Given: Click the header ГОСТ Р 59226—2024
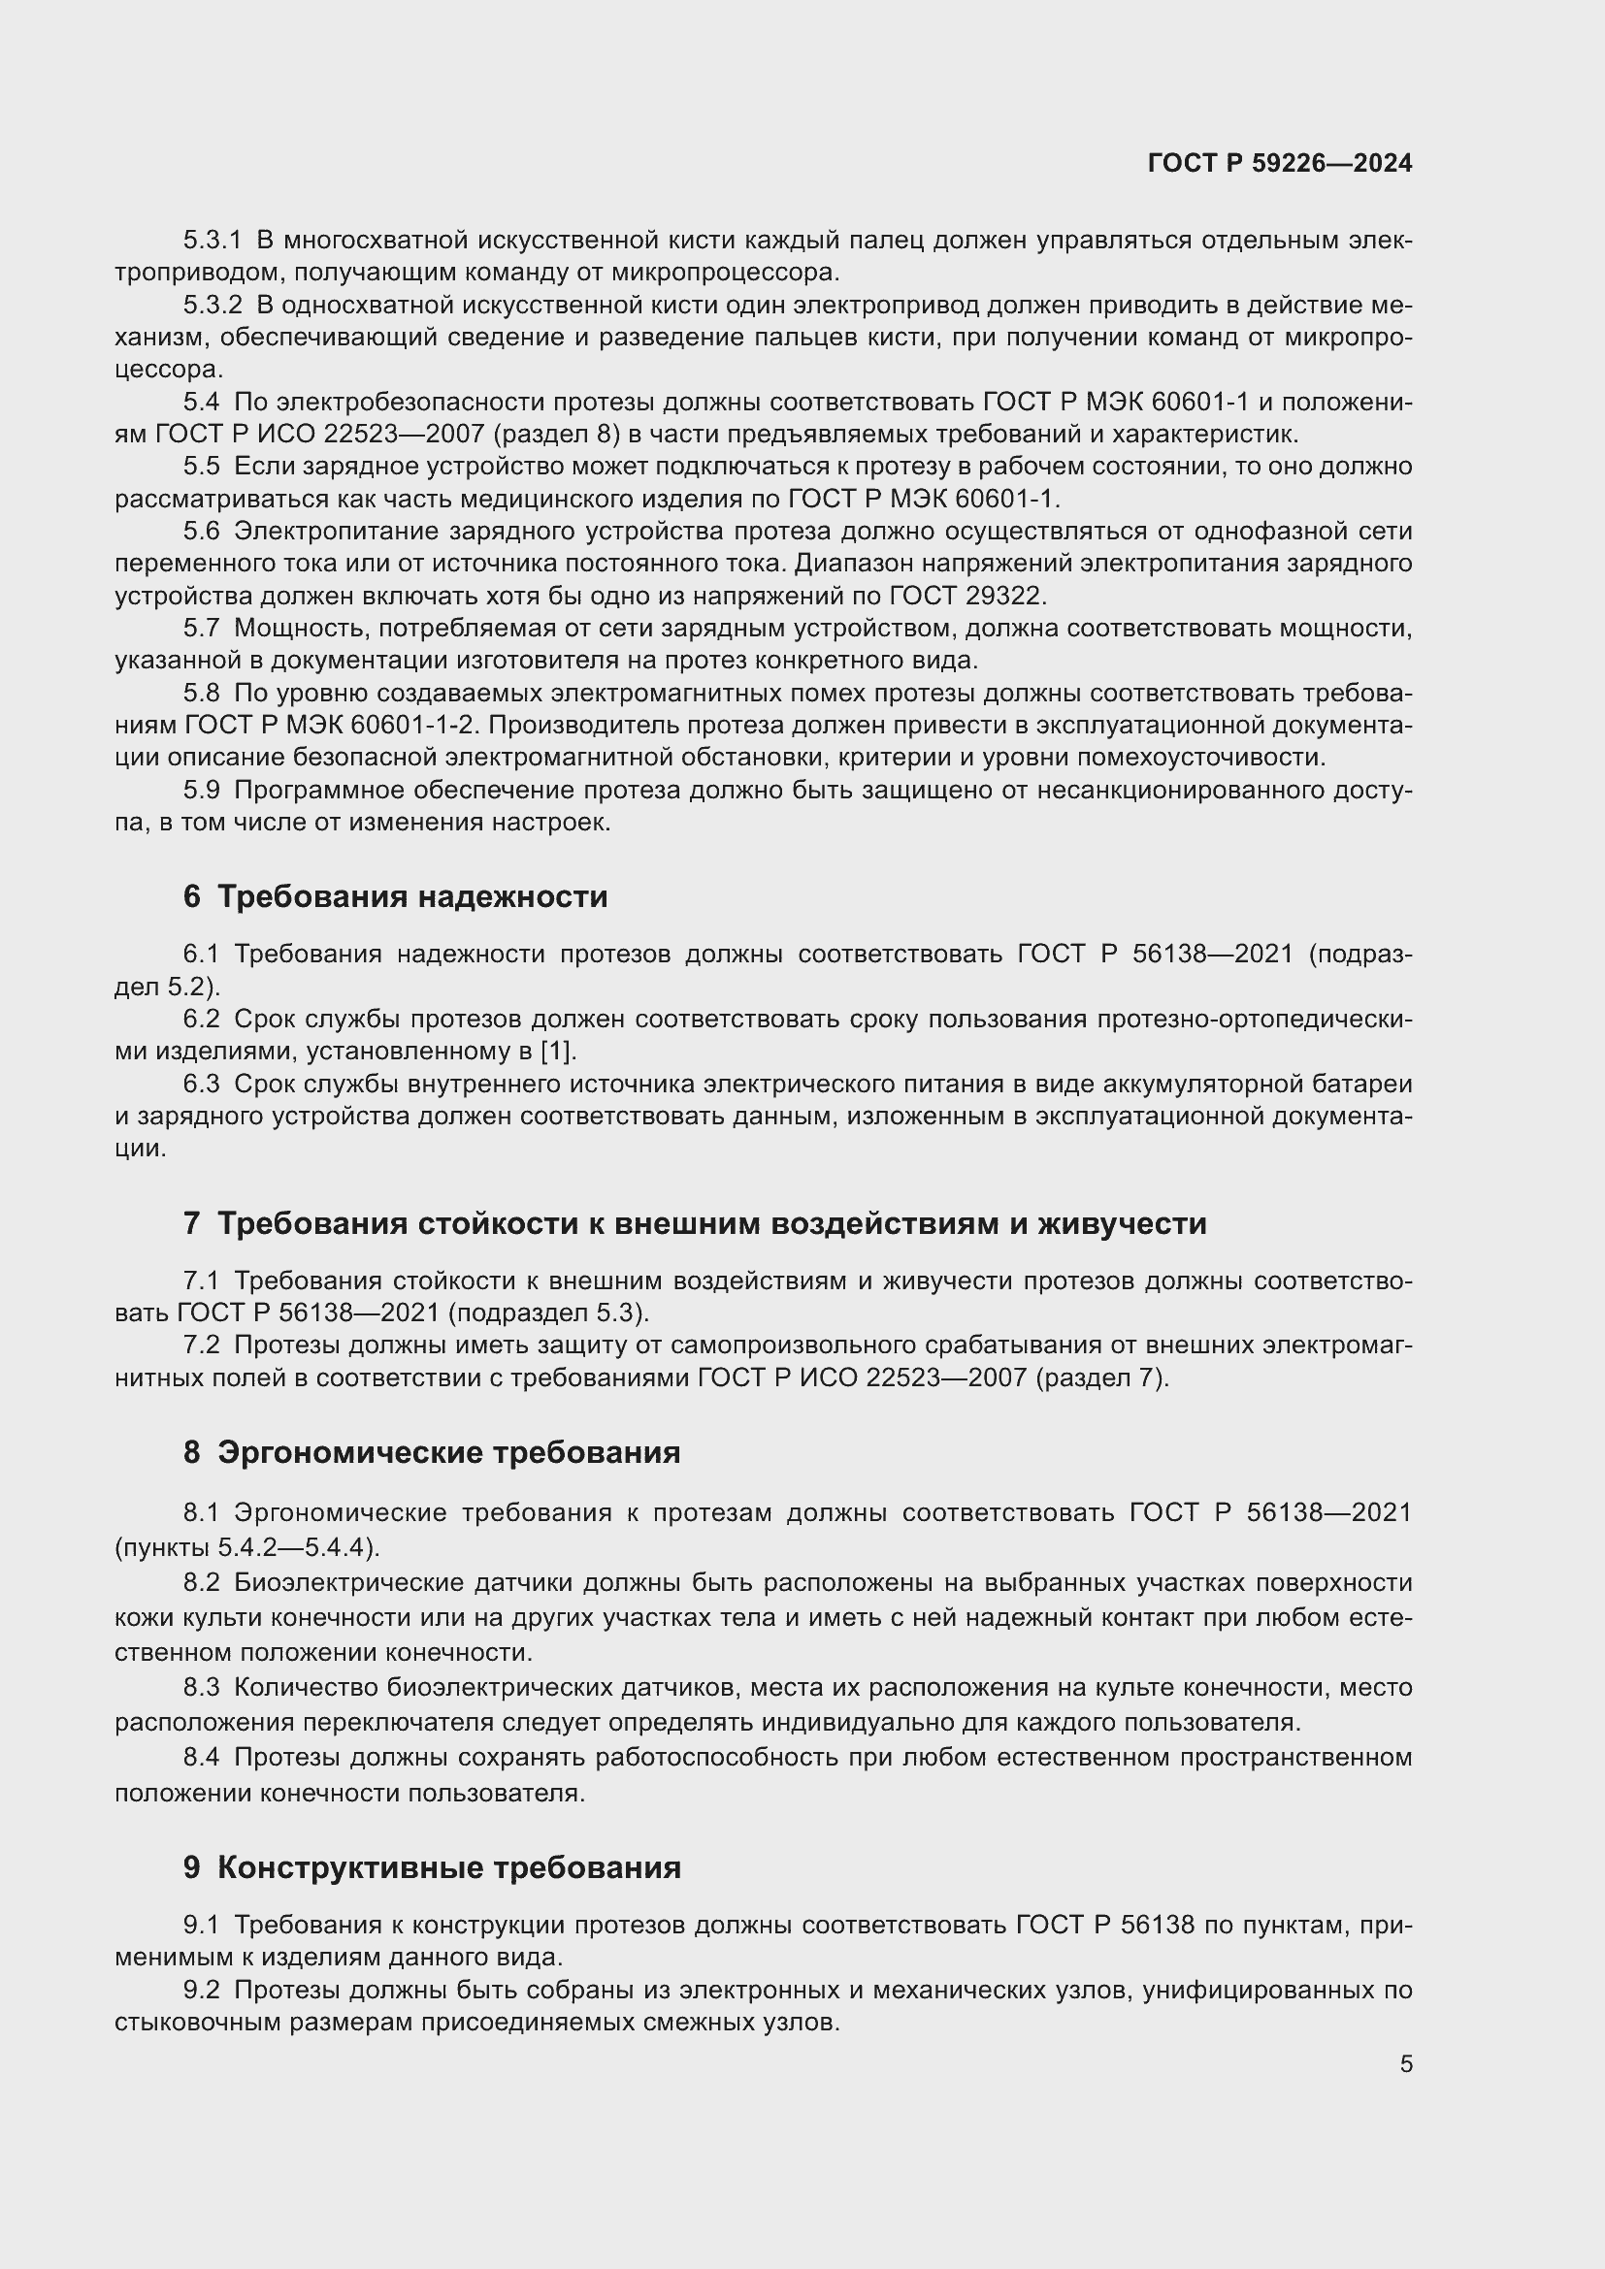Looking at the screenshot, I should pyautogui.click(x=1280, y=164).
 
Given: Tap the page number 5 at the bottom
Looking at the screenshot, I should pyautogui.click(x=1405, y=2063).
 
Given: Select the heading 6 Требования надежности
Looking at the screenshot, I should pyautogui.click(x=394, y=897).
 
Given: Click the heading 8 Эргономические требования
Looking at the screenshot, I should pyautogui.click(x=431, y=1453).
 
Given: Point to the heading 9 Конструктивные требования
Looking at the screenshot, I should pyautogui.click(x=432, y=1867).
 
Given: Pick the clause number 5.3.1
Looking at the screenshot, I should pyautogui.click(x=212, y=241).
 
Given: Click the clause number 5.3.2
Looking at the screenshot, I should pyautogui.click(x=212, y=306).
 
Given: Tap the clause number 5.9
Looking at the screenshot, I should pyautogui.click(x=201, y=791).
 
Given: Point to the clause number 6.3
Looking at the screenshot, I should pyautogui.click(x=201, y=1085).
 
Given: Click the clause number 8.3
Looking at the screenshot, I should pyautogui.click(x=201, y=1688).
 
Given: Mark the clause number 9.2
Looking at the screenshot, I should pyautogui.click(x=201, y=1991).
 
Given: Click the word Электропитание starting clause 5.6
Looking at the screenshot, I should pyautogui.click(x=335, y=532).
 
